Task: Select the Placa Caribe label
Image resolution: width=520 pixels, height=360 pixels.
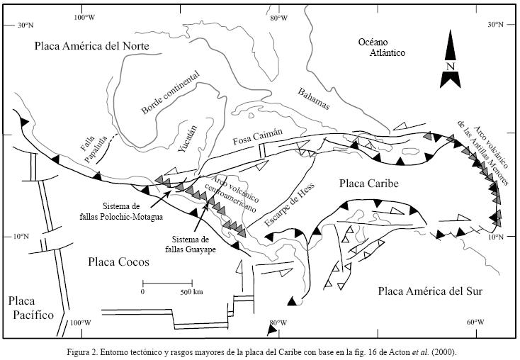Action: pos(368,184)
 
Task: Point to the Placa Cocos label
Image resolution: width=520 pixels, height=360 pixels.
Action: pos(119,262)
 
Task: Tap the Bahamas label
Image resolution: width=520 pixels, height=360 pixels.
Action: pos(314,99)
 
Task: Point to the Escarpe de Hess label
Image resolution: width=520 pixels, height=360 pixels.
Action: pos(293,202)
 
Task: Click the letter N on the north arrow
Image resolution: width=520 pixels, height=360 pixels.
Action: pos(450,67)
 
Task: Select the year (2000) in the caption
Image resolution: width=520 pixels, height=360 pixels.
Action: pos(444,351)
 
